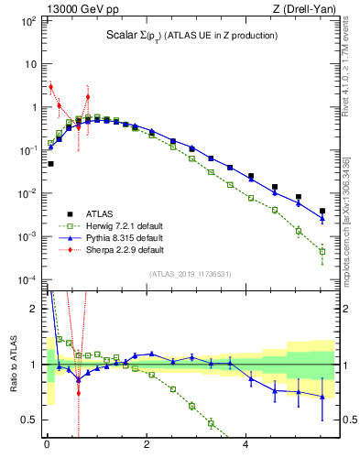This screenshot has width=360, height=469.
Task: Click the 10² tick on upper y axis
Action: click(x=30, y=20)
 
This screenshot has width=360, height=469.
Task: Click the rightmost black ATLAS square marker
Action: click(x=322, y=211)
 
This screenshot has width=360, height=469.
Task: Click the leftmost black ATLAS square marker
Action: click(x=50, y=164)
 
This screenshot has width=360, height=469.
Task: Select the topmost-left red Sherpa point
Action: click(x=50, y=87)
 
